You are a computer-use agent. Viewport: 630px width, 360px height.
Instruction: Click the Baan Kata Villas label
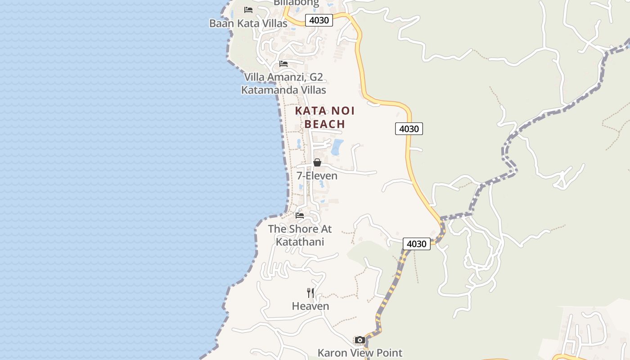click(x=248, y=23)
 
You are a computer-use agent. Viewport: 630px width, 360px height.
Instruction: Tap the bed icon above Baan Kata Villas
click(x=248, y=9)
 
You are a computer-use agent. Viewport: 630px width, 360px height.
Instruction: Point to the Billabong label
click(x=297, y=3)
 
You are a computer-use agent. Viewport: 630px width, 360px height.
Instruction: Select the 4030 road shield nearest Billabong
click(x=319, y=20)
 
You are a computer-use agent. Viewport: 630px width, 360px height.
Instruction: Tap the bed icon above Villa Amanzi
click(x=283, y=64)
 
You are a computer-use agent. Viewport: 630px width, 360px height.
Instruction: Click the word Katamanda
click(x=269, y=90)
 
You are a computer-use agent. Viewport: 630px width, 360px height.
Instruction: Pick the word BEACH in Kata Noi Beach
click(x=325, y=124)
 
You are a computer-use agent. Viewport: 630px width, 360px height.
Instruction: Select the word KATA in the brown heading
click(x=310, y=111)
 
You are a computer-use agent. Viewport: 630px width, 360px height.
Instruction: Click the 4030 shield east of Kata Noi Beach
click(x=409, y=129)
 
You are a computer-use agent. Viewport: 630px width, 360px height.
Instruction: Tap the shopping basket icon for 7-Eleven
click(x=317, y=162)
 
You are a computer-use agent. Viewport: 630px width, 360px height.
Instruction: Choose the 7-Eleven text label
click(x=317, y=175)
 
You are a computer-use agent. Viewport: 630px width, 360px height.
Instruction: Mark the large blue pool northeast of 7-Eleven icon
click(x=337, y=147)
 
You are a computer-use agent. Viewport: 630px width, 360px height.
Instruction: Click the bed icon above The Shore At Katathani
click(x=300, y=216)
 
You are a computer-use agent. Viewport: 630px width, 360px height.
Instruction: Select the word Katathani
click(x=300, y=242)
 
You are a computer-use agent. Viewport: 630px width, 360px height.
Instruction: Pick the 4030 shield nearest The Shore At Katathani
click(x=416, y=244)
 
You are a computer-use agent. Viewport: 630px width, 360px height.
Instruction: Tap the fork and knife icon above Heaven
click(x=310, y=293)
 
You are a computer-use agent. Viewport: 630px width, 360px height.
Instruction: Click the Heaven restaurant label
click(x=310, y=306)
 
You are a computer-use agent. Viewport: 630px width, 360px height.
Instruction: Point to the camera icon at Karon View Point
click(x=360, y=340)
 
